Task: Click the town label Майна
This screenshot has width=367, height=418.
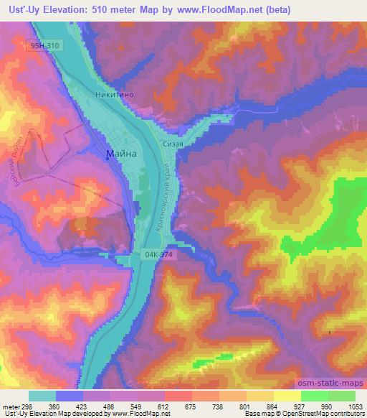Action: point(121,154)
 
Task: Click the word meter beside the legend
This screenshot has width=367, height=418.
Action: point(10,406)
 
